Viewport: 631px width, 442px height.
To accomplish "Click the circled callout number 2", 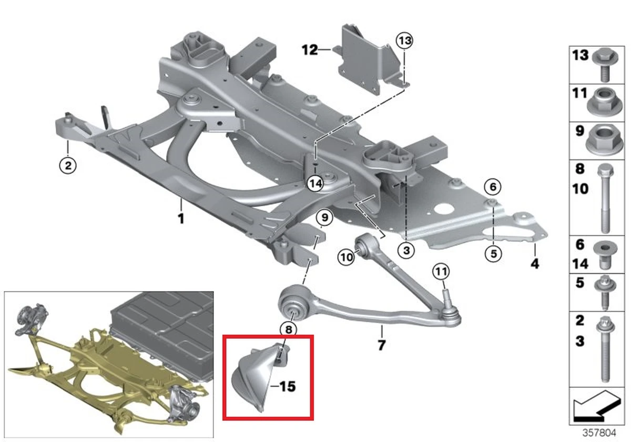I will (x=68, y=166).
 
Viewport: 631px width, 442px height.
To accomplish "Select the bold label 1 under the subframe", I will (x=180, y=218).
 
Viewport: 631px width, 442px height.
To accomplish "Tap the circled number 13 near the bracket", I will (x=405, y=39).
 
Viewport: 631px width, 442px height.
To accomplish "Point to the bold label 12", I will (x=310, y=51).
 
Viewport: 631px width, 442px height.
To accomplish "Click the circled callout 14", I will (x=314, y=183).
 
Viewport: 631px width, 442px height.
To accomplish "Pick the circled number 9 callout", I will (x=324, y=216).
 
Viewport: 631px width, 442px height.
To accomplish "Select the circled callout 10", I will (x=347, y=257).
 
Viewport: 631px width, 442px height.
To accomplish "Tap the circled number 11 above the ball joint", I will (x=441, y=272).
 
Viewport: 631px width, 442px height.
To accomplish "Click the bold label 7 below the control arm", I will (x=381, y=346).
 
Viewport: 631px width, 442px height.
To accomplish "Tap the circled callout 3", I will (x=406, y=251).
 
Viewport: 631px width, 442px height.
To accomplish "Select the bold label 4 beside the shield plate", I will (x=535, y=264).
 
